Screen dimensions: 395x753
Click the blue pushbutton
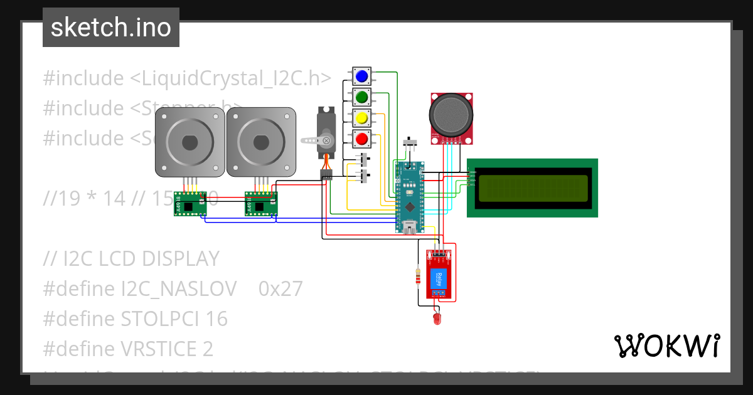click(361, 76)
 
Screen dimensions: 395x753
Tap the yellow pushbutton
click(361, 117)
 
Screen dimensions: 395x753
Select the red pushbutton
click(361, 138)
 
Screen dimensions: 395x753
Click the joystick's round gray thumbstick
click(451, 114)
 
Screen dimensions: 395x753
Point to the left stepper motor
click(190, 142)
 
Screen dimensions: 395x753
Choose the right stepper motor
click(261, 142)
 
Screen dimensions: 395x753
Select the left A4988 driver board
click(190, 204)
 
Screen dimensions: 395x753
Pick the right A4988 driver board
click(261, 204)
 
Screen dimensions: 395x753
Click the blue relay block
click(439, 278)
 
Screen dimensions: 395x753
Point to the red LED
click(437, 320)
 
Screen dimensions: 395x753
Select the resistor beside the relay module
click(419, 276)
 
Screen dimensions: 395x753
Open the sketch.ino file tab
click(111, 28)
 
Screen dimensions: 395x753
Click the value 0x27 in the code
click(280, 288)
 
